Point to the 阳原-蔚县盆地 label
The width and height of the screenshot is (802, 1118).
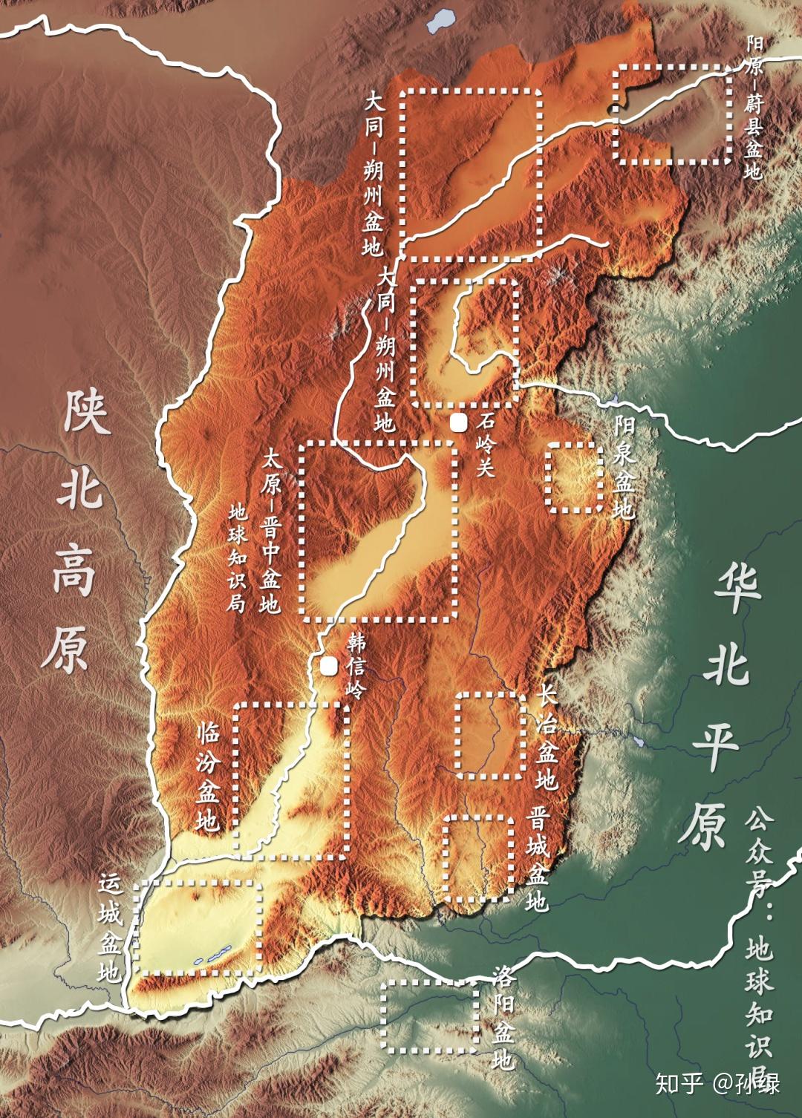point(754,108)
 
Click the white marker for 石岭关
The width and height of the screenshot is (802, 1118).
point(459,423)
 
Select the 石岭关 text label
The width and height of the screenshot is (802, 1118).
point(486,445)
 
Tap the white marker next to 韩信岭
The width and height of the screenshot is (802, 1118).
point(328,666)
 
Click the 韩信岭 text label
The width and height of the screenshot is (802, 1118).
point(356,666)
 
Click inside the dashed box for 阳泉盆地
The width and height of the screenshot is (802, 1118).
point(574,477)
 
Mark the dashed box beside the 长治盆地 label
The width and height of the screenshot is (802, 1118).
point(490,735)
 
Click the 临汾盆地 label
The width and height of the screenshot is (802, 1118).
point(208,776)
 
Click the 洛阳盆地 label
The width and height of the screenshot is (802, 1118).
point(503,1017)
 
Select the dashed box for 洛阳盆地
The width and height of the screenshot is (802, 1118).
point(429,1016)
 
